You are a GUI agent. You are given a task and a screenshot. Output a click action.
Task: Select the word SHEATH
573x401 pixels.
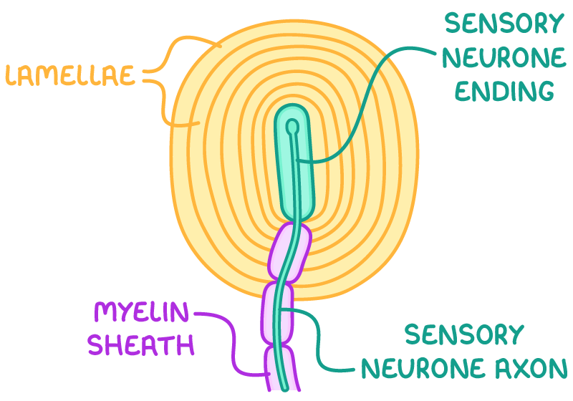click(x=141, y=346)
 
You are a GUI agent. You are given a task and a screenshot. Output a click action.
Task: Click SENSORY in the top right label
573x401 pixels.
click(x=504, y=24)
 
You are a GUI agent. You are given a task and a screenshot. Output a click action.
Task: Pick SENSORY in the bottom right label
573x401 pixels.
click(x=463, y=334)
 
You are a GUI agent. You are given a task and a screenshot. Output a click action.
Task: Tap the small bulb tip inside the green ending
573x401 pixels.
click(x=292, y=127)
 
